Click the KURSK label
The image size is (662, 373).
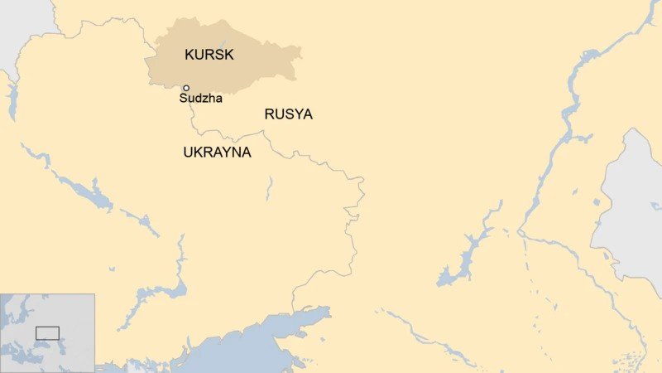point(209,56)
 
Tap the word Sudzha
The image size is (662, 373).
point(200,99)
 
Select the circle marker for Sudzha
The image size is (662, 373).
point(186,88)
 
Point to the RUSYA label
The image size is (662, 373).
point(288,114)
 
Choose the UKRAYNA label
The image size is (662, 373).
point(217,153)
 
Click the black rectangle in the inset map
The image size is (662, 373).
point(47,333)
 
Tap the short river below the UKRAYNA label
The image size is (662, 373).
point(268,188)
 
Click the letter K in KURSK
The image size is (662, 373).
point(188,56)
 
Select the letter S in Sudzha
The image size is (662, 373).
point(183,99)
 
